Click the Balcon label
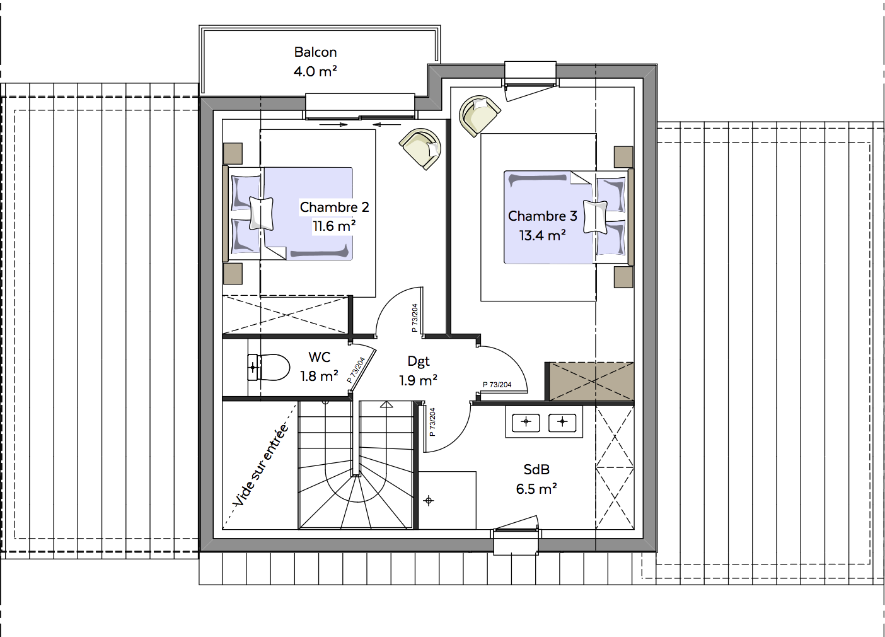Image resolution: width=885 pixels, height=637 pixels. pyautogui.click(x=315, y=52)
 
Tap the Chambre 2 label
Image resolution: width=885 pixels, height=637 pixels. pyautogui.click(x=334, y=207)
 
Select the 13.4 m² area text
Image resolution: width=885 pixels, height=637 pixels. pyautogui.click(x=542, y=236)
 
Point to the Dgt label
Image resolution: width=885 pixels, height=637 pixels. pyautogui.click(x=419, y=362)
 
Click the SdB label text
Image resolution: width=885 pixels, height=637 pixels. pyautogui.click(x=536, y=470)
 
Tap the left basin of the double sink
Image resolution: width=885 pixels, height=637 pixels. pyautogui.click(x=526, y=423)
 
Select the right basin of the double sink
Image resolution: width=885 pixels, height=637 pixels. pyautogui.click(x=562, y=423)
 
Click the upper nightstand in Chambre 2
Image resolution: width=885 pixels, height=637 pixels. pyautogui.click(x=233, y=154)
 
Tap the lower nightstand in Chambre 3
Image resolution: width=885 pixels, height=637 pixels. pyautogui.click(x=623, y=277)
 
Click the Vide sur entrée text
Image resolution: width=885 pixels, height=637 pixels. pyautogui.click(x=261, y=465)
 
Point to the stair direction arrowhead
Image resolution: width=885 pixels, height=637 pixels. pyautogui.click(x=386, y=404)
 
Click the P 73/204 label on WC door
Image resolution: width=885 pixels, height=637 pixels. pyautogui.click(x=356, y=370)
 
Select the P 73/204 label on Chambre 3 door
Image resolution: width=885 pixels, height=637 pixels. pyautogui.click(x=497, y=384)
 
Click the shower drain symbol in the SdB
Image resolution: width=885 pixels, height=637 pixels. pyautogui.click(x=429, y=501)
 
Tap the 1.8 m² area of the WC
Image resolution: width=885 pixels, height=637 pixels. pyautogui.click(x=319, y=376)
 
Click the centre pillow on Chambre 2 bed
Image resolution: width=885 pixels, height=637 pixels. pyautogui.click(x=261, y=214)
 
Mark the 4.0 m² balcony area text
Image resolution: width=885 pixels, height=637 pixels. pyautogui.click(x=315, y=71)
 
